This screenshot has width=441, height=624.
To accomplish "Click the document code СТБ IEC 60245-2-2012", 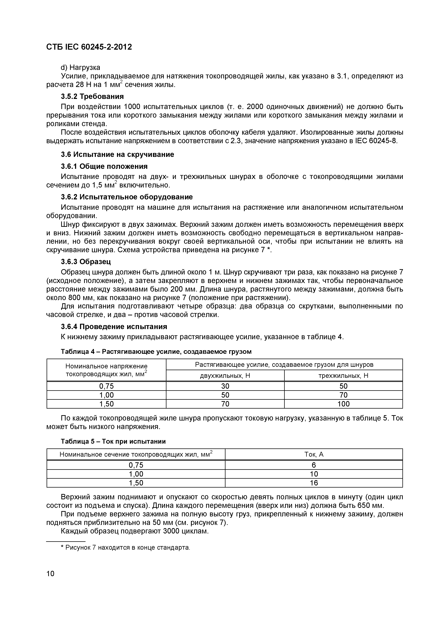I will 89,47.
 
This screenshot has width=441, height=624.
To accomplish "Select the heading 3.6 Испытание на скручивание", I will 117,154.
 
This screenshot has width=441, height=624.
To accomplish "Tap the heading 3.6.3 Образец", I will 86,261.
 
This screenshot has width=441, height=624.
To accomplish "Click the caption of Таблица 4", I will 156,352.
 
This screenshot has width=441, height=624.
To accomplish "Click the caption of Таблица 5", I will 113,441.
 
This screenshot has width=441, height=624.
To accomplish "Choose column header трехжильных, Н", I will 343,376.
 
